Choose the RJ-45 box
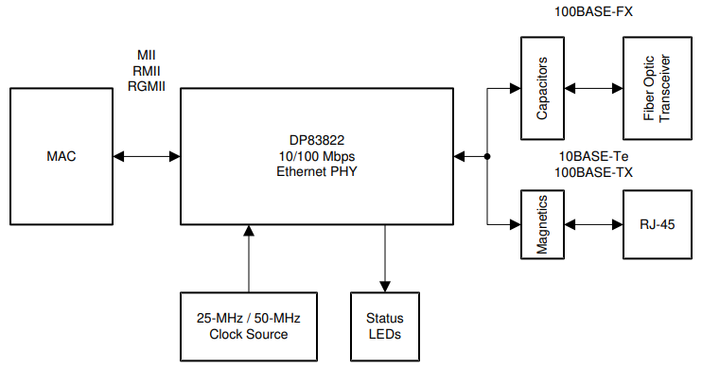pos(657,224)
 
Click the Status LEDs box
pos(383,326)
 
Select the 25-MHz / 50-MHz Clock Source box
pos(250,326)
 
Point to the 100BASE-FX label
pos(593,12)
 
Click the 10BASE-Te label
pos(593,156)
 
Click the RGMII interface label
pos(147,86)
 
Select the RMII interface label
pos(147,71)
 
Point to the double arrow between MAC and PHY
pos(147,156)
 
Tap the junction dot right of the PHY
pos(486,156)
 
